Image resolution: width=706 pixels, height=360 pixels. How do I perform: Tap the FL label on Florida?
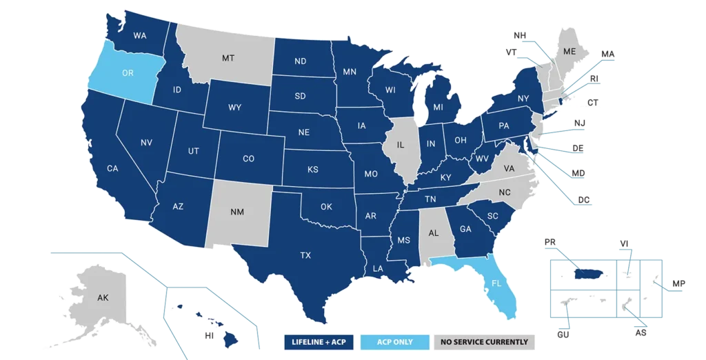496,282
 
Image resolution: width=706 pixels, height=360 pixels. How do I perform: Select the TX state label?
305,255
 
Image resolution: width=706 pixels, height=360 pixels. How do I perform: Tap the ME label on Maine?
569,52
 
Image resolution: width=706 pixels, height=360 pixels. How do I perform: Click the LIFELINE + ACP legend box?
320,342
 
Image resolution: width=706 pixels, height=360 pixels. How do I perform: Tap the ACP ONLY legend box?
395,342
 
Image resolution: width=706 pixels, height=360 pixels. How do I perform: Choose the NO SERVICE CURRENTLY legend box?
485,342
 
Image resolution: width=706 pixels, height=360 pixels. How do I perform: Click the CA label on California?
112,168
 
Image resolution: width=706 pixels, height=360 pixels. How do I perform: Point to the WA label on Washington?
139,36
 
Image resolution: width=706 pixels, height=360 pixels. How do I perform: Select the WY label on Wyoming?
234,107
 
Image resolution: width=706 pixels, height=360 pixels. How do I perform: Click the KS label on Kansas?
312,169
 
